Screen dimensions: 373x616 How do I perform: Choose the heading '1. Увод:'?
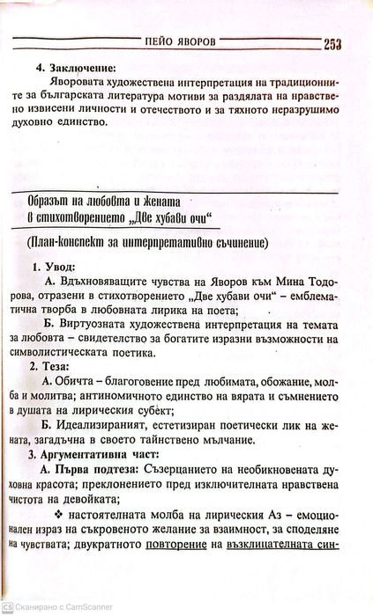coord(54,266)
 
